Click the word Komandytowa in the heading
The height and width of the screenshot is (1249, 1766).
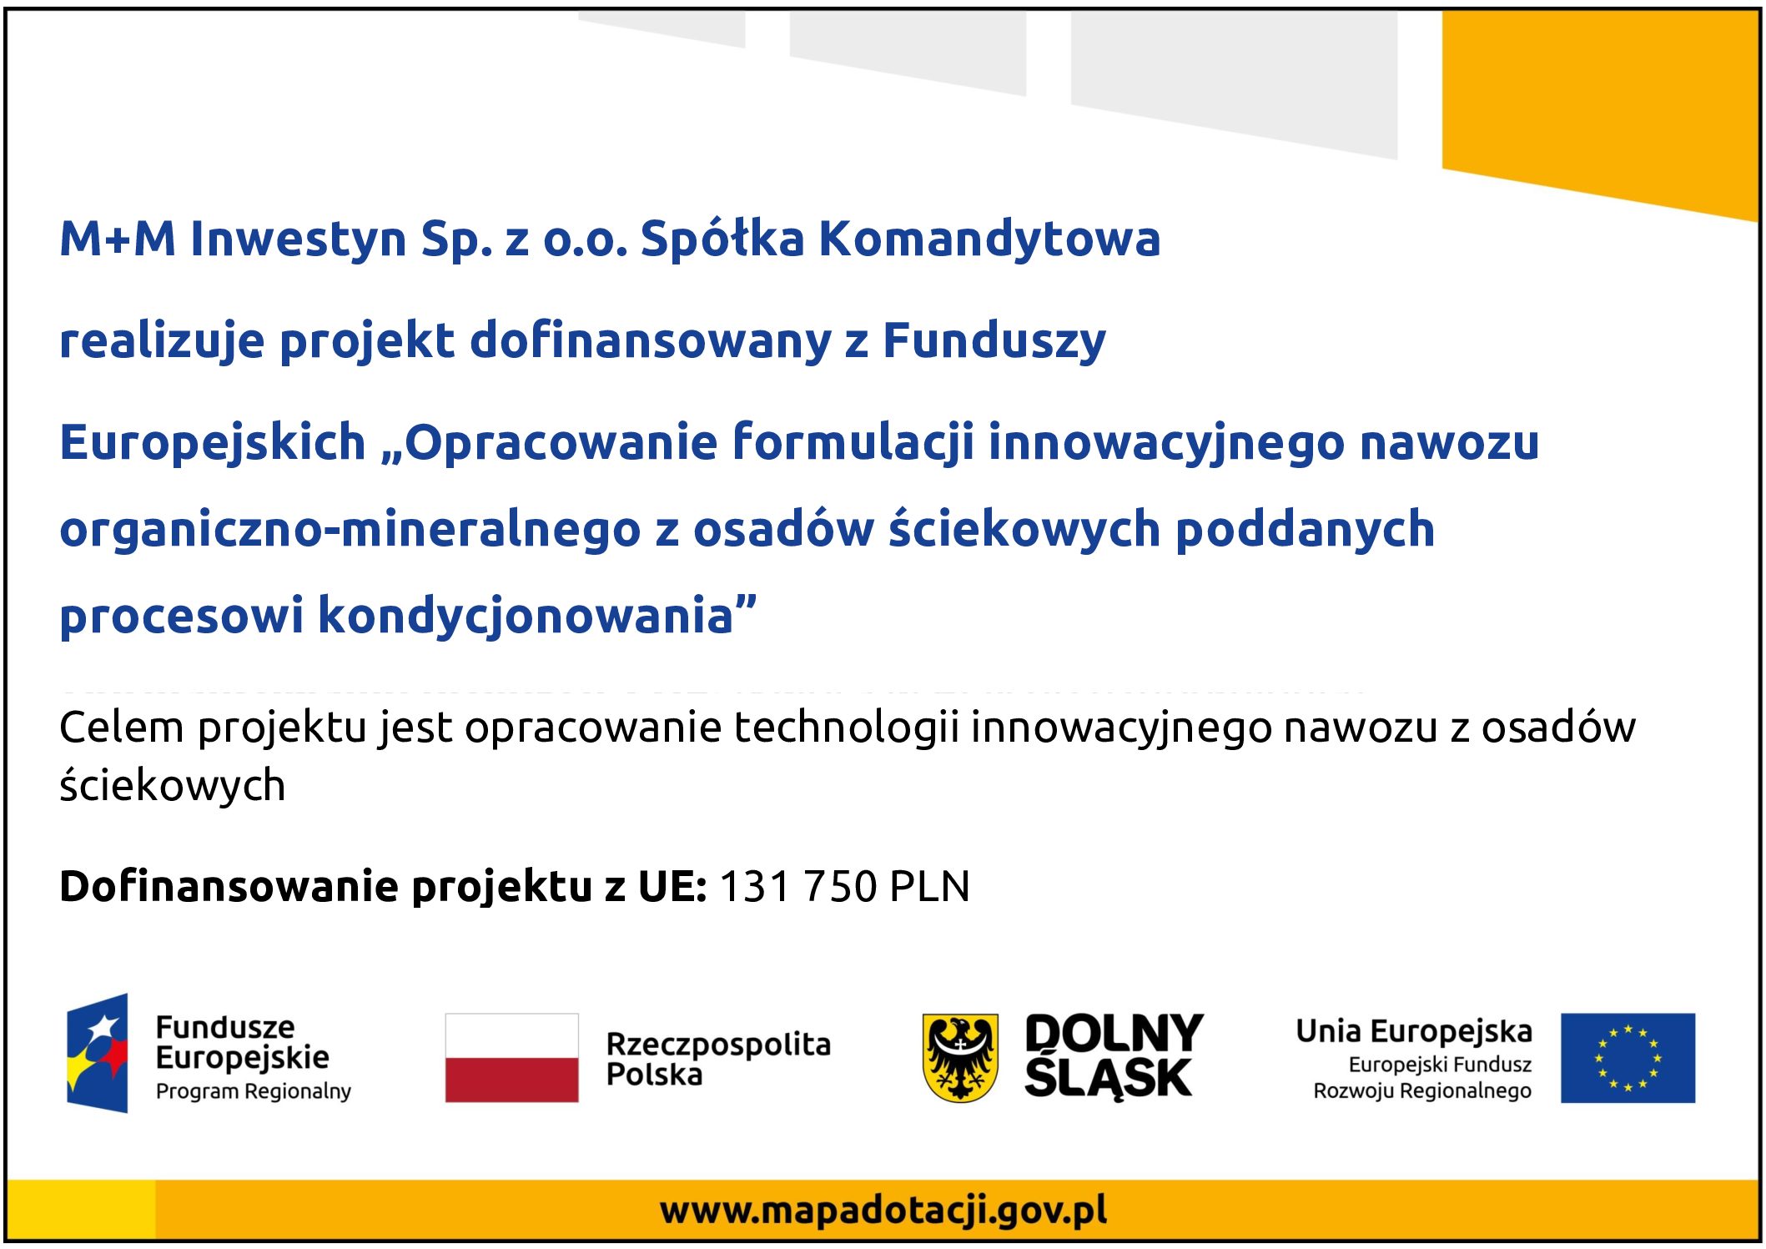coord(989,239)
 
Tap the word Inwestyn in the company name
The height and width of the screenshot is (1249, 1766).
coord(298,239)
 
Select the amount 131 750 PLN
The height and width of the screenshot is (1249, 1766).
coord(844,886)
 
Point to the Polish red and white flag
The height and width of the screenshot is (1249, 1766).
coord(511,1058)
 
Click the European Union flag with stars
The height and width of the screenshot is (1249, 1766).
coord(1628,1058)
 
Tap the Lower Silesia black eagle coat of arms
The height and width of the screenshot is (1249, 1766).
coord(960,1058)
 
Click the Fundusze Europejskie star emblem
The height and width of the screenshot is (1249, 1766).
coord(98,1053)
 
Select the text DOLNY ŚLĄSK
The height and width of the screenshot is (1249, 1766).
coord(1114,1056)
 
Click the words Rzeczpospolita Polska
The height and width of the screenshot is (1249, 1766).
coord(718,1059)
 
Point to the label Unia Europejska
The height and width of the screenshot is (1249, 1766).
coord(1414,1031)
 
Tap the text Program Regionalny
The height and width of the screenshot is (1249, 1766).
coord(254,1091)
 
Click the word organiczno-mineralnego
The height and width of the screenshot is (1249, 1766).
coord(350,530)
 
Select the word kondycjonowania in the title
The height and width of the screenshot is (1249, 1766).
coord(526,617)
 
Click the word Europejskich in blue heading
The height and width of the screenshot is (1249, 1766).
coord(213,442)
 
